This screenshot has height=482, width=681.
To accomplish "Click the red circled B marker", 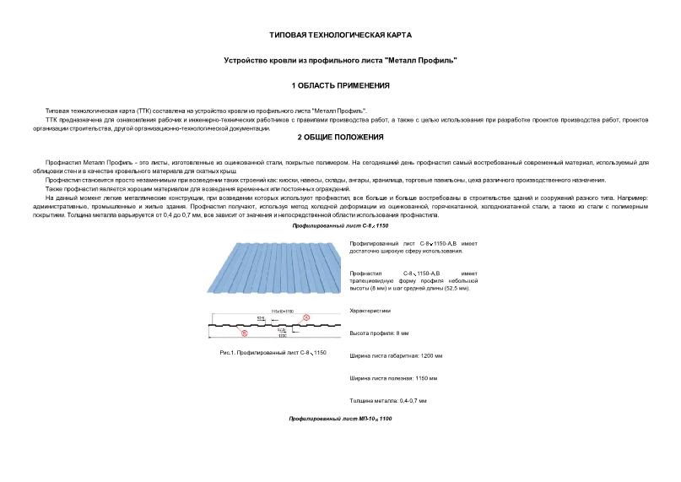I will click(x=245, y=334).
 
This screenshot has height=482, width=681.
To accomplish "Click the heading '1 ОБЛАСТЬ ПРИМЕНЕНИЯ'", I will click(x=340, y=85).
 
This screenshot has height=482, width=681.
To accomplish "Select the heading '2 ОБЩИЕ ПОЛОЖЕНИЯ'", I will click(x=340, y=137).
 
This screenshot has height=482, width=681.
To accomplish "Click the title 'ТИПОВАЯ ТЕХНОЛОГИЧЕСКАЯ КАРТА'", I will click(x=340, y=35).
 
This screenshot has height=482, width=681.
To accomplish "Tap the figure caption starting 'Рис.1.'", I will click(x=272, y=351).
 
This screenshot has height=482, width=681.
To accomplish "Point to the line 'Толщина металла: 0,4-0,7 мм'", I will click(x=388, y=399).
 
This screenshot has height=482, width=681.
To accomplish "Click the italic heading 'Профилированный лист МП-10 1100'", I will click(x=340, y=419).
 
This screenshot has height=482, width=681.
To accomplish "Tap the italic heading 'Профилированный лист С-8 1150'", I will click(x=340, y=227).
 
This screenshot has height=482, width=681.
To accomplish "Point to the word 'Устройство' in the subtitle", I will click(x=247, y=60).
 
